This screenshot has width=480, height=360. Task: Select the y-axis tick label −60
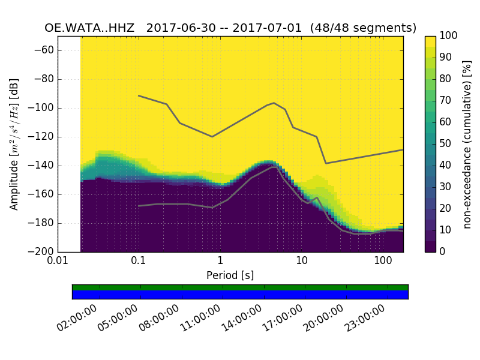tap(44, 50)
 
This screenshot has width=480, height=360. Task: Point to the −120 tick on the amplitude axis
tap(42, 137)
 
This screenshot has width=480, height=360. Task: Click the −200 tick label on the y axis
tap(42, 251)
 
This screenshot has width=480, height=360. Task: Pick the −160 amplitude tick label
tap(42, 194)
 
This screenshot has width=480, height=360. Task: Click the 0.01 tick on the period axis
tap(58, 261)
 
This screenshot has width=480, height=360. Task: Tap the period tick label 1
tap(220, 261)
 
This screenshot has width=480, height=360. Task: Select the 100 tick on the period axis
tap(382, 261)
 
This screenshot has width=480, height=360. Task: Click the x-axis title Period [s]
tap(230, 275)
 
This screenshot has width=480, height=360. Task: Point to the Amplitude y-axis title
tap(14, 144)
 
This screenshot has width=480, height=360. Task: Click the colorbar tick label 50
tap(445, 144)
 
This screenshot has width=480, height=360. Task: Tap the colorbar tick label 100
tap(448, 36)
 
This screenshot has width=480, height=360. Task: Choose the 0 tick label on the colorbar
tap(442, 251)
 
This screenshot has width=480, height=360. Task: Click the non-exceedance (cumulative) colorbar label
tap(467, 144)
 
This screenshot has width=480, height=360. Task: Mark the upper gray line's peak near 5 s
tap(274, 103)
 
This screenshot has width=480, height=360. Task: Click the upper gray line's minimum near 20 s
tap(326, 163)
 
